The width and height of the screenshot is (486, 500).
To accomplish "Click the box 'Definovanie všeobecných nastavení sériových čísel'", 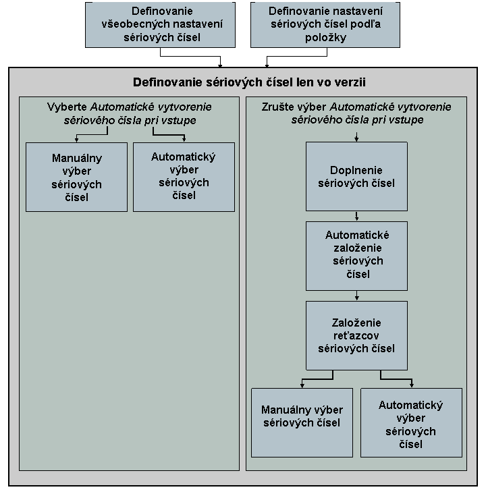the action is [160, 25].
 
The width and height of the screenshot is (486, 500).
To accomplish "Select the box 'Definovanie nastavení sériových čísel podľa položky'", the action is [325, 25].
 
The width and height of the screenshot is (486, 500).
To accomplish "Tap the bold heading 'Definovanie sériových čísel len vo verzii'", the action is [249, 82].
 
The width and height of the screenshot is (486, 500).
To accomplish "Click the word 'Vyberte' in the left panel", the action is [67, 107].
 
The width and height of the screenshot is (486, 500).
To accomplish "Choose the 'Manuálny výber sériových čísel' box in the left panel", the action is [76, 177].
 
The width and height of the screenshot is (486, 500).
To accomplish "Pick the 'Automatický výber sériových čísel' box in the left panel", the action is [184, 177].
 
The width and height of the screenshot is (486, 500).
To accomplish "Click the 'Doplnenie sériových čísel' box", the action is [356, 176].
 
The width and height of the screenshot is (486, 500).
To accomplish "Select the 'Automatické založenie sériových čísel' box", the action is [356, 256].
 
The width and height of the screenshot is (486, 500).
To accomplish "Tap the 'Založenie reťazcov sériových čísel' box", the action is [356, 335].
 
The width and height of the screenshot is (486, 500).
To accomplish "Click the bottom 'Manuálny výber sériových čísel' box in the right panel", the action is [302, 422].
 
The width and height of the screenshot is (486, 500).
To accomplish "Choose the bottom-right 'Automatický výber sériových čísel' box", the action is [411, 422].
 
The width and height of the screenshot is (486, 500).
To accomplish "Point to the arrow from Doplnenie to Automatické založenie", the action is [356, 216].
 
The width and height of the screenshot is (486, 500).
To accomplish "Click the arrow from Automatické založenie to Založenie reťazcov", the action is [356, 296].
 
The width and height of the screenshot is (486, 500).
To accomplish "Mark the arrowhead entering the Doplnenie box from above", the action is [356, 139].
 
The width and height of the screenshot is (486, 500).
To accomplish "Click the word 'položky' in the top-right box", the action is [325, 38].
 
